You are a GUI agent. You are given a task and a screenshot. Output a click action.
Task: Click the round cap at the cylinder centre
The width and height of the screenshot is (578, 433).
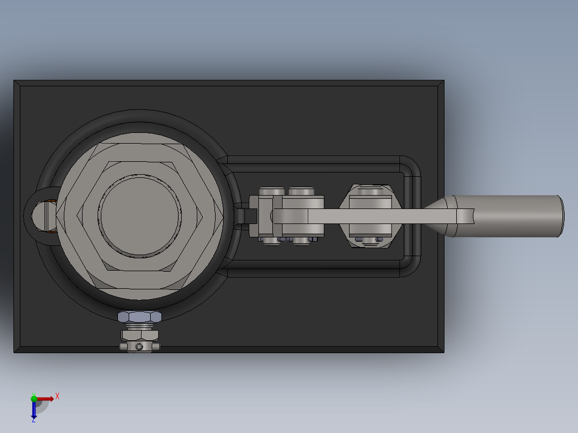point(139,216)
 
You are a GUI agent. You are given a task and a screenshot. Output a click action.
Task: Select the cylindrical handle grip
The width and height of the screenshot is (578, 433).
point(509,216)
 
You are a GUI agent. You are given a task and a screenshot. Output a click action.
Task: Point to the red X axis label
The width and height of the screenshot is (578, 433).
point(57,397)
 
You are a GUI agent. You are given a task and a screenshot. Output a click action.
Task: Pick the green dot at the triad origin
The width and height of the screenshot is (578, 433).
point(34,398)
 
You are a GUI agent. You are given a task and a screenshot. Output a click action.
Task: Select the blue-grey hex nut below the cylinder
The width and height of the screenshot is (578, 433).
point(140,317)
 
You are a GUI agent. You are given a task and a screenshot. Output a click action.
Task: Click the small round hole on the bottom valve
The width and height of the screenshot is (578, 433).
point(139,347)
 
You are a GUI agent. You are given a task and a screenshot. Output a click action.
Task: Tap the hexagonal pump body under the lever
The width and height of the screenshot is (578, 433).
point(370,216)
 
